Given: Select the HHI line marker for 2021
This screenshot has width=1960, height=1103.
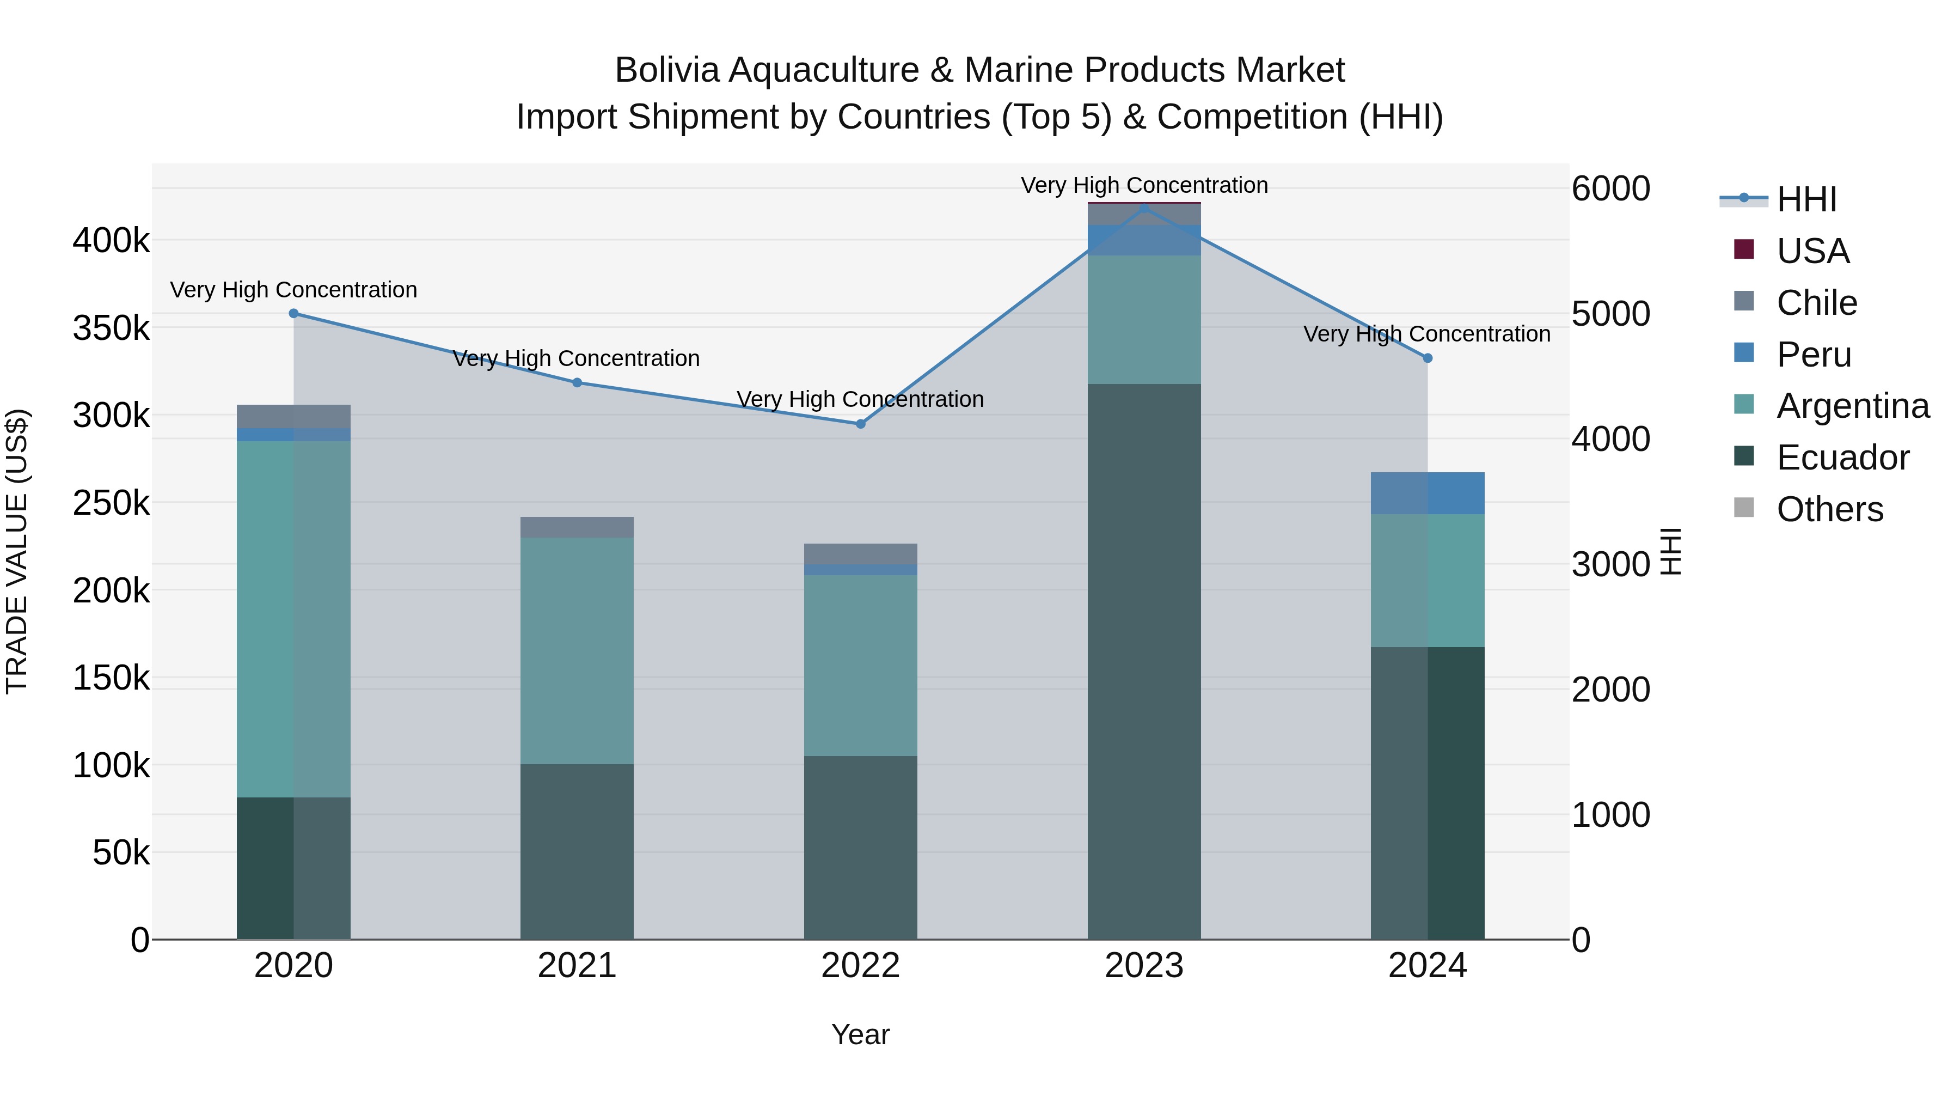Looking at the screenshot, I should coord(577,383).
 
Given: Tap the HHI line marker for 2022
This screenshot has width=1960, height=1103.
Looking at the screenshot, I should coord(861,424).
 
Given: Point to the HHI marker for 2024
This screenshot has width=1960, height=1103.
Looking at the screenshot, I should coord(1428,358).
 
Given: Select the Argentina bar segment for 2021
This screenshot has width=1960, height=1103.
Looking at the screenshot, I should coord(577,651).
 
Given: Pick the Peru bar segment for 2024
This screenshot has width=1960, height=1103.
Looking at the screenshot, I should coord(1428,493).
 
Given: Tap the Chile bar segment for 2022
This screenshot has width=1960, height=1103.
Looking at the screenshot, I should coord(861,553).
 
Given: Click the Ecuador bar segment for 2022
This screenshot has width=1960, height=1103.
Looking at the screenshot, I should coord(861,847).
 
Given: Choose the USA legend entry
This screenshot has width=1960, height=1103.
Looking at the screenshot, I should coord(1812,251).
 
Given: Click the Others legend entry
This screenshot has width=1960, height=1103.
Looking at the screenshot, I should coord(1829,509).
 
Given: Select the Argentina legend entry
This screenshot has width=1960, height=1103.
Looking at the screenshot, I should coord(1853,406).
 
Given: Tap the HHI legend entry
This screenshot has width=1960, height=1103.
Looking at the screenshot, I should coord(1806,199).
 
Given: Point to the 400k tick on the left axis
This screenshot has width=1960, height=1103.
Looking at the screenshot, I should coord(111,241).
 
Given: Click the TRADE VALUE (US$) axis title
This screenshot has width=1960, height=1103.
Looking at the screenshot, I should coord(17,551).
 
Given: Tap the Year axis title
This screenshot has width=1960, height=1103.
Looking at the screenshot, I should coord(861,1034).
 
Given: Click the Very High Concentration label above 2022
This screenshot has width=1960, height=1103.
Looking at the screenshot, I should coord(861,400).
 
